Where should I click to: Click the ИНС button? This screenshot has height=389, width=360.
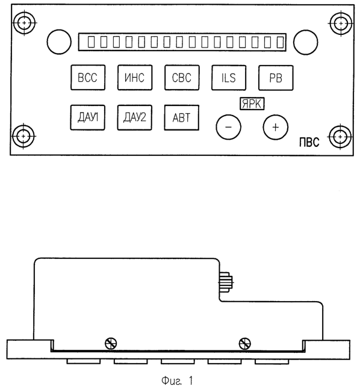tap(135, 78)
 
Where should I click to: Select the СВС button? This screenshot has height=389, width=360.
tap(182, 78)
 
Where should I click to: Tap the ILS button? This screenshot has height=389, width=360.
tap(229, 78)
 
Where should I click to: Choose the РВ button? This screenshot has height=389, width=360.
tap(276, 78)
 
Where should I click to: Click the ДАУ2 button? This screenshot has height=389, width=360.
tap(134, 117)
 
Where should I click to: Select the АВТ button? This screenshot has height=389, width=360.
tap(181, 117)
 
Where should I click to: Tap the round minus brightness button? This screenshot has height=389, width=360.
tap(228, 127)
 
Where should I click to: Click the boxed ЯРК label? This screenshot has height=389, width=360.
tap(252, 104)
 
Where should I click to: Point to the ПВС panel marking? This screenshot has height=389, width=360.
tap(309, 143)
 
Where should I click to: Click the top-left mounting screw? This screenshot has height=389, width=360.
tap(24, 23)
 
